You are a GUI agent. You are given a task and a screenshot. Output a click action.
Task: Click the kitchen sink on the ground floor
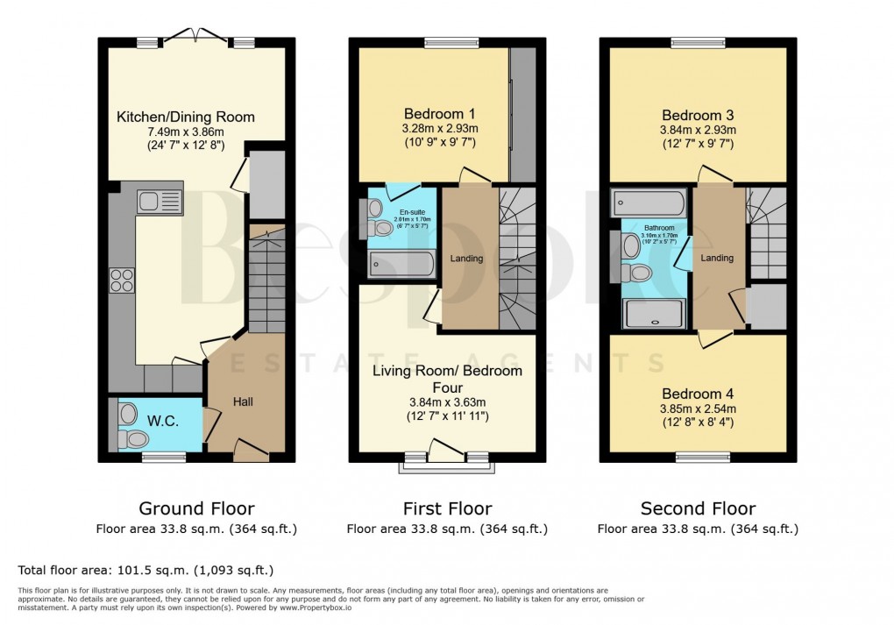click(x=159, y=202)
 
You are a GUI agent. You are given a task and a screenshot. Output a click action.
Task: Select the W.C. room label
click(x=163, y=422)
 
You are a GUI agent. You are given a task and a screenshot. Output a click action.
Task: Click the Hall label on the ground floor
click(x=243, y=401)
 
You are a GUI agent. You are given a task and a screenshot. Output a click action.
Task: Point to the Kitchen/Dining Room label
click(x=187, y=117)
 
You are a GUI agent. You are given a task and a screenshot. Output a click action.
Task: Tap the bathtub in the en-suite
click(x=401, y=264)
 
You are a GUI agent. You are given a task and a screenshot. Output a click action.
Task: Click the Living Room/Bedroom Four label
click(x=447, y=379)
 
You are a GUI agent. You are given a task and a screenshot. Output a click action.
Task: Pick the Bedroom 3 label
click(x=698, y=115)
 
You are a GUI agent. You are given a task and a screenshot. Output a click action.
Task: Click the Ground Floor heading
click(x=197, y=508)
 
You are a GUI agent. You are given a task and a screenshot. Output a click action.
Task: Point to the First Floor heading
click(x=447, y=508)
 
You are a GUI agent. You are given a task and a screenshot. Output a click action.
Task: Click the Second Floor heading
click(x=698, y=508)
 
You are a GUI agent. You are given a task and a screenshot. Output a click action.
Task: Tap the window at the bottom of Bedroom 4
click(x=698, y=457)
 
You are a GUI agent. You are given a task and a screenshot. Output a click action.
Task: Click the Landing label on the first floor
click(x=466, y=258)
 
